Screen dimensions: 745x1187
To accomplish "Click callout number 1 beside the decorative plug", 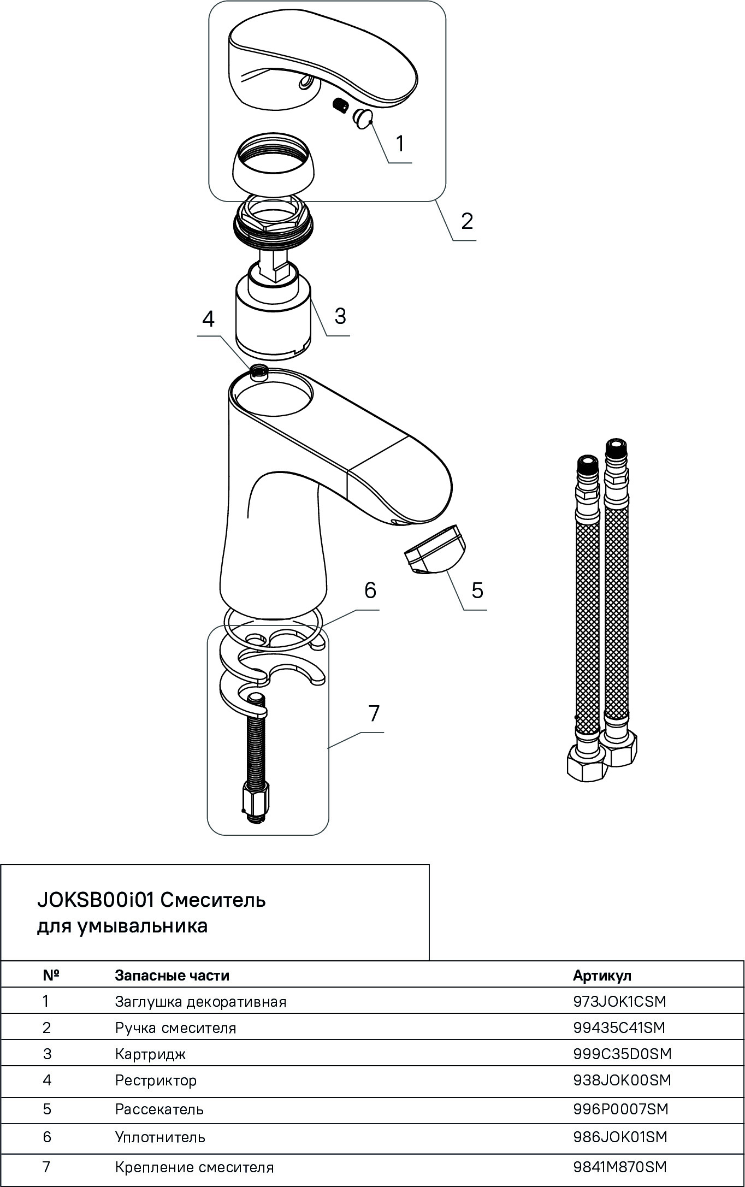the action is click(400, 144).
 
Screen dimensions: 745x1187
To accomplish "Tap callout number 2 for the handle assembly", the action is click(466, 221).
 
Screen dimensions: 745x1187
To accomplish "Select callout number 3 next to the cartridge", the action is click(340, 316).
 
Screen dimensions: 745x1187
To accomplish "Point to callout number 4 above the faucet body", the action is click(208, 318).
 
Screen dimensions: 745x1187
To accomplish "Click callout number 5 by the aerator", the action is click(477, 590).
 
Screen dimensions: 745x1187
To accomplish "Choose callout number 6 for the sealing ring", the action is click(370, 590).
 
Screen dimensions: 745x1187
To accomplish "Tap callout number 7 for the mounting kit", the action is click(374, 713).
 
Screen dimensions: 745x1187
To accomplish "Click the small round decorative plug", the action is click(362, 119).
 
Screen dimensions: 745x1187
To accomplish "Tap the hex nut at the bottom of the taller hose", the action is click(619, 750).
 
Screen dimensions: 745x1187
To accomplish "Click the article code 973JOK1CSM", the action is click(620, 1001).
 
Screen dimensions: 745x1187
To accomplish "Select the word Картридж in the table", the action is click(150, 1054).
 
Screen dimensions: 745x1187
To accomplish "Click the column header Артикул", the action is click(602, 976).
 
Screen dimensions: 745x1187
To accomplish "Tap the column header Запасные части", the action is click(172, 976).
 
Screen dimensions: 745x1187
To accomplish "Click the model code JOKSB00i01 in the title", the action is click(96, 900).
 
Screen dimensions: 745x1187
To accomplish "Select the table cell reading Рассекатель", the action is click(159, 1109).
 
